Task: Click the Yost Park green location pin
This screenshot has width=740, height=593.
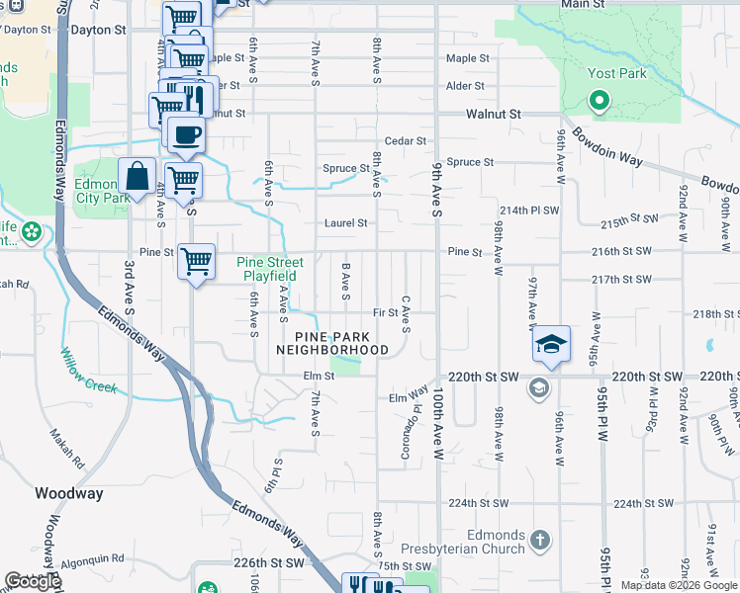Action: pyautogui.click(x=598, y=100)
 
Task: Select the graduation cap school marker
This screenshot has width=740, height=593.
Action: pyautogui.click(x=551, y=345)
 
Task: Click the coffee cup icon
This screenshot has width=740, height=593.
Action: pyautogui.click(x=185, y=135)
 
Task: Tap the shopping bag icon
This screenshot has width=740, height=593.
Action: pyautogui.click(x=138, y=177)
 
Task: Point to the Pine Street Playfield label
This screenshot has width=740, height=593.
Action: pyautogui.click(x=269, y=269)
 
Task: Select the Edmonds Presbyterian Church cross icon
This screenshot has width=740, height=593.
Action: pyautogui.click(x=539, y=540)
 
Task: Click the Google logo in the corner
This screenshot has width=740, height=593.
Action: pyautogui.click(x=32, y=581)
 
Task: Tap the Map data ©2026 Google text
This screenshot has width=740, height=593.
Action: pyautogui.click(x=679, y=585)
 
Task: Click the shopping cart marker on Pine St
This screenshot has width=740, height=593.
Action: pyautogui.click(x=196, y=262)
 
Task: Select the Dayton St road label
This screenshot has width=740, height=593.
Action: pyautogui.click(x=98, y=30)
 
